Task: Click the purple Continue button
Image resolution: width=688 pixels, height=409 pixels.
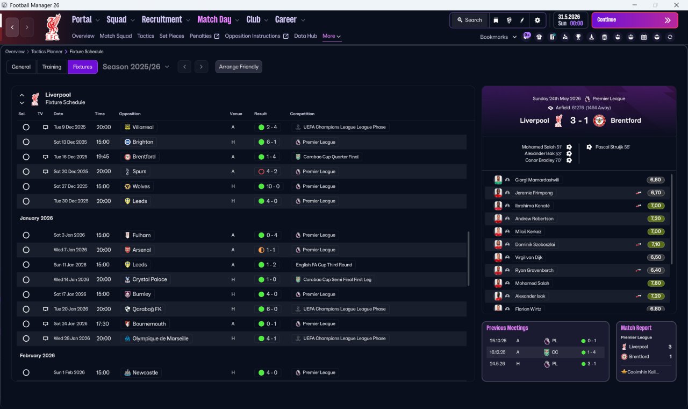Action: point(635,20)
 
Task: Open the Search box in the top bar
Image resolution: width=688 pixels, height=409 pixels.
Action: point(470,20)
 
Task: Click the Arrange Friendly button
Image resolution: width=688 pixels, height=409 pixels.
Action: point(239,67)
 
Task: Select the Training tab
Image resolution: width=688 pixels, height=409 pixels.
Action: point(52,67)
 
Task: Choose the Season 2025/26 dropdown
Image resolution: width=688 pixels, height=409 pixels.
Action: point(136,67)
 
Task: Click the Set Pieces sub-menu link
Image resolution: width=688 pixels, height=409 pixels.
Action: point(171,36)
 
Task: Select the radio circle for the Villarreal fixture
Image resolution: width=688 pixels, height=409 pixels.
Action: point(26,127)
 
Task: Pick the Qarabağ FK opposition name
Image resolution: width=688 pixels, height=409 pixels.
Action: point(147,309)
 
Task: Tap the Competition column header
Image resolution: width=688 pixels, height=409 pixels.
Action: point(302,114)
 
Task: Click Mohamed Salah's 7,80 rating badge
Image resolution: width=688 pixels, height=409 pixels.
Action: point(656,283)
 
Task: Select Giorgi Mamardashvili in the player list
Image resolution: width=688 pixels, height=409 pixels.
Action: point(537,180)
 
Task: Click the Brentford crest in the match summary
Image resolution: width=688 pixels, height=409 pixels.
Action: point(599,121)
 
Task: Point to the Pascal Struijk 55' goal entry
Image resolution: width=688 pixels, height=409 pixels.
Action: point(612,147)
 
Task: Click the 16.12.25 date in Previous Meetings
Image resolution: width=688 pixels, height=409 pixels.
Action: point(497,352)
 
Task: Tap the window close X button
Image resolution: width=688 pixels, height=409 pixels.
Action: point(676,5)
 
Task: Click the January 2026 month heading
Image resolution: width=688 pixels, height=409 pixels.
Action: point(36,218)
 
